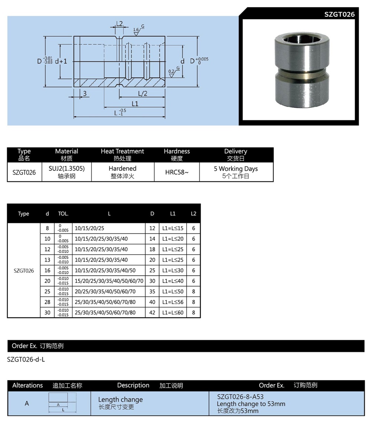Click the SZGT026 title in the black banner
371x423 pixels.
click(x=339, y=14)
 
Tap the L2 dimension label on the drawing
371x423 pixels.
click(x=119, y=23)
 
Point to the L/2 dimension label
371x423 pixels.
click(x=142, y=94)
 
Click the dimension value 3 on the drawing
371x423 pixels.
click(x=85, y=94)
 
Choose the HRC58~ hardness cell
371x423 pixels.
click(x=177, y=172)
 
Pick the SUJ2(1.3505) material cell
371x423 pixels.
click(x=66, y=172)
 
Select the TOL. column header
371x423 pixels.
click(x=63, y=214)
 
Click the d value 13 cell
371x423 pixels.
click(x=47, y=260)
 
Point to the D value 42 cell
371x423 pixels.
click(x=152, y=313)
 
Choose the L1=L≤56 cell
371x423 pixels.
click(x=173, y=302)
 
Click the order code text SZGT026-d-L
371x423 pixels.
click(x=26, y=359)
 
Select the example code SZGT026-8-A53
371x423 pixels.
click(x=240, y=397)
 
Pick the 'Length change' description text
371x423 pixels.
click(x=120, y=400)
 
